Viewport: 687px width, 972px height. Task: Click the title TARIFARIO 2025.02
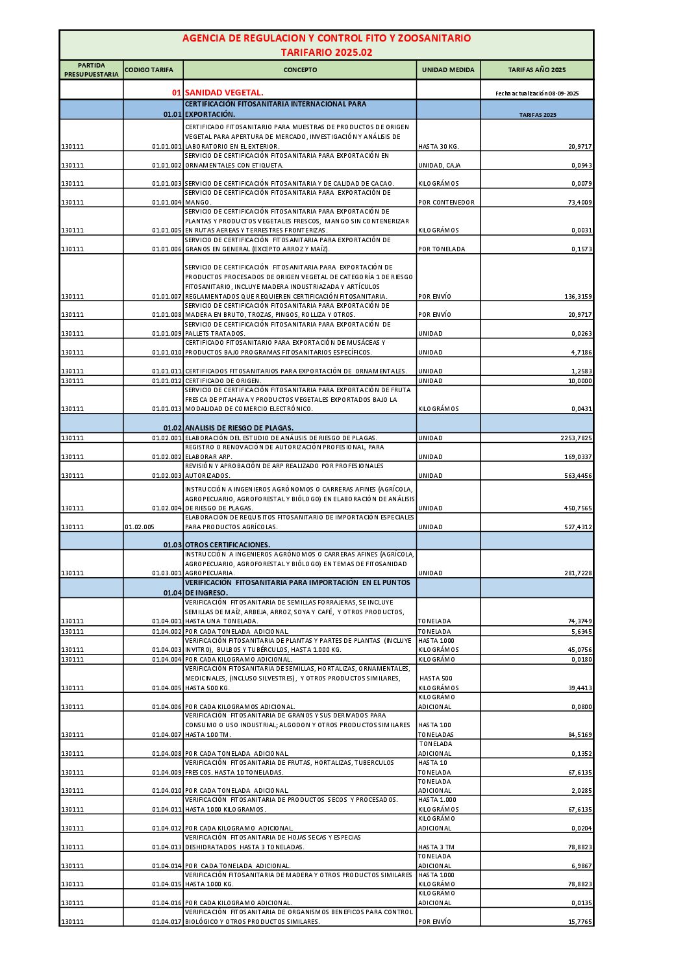tap(327, 52)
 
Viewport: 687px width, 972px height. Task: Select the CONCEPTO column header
tap(300, 70)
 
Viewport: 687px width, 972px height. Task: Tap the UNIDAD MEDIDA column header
tap(448, 70)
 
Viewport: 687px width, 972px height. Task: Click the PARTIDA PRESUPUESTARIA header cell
tap(92, 70)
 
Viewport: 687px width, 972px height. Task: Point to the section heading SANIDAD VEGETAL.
tap(224, 93)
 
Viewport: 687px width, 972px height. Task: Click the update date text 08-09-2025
tap(537, 93)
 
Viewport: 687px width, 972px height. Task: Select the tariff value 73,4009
tap(578, 203)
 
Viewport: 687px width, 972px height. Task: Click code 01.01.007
tap(167, 297)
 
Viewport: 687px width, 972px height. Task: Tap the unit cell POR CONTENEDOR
tap(447, 203)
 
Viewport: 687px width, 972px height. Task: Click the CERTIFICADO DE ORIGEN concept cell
tap(223, 381)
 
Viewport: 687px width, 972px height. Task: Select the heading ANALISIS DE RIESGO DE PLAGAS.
tap(239, 428)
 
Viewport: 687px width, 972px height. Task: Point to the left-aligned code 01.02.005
tap(140, 527)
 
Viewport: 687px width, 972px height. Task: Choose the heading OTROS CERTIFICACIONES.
tap(227, 545)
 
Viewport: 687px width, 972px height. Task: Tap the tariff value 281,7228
tap(578, 573)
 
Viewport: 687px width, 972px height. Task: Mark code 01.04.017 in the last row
tap(167, 922)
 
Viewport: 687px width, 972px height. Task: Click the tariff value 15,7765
tap(580, 922)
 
